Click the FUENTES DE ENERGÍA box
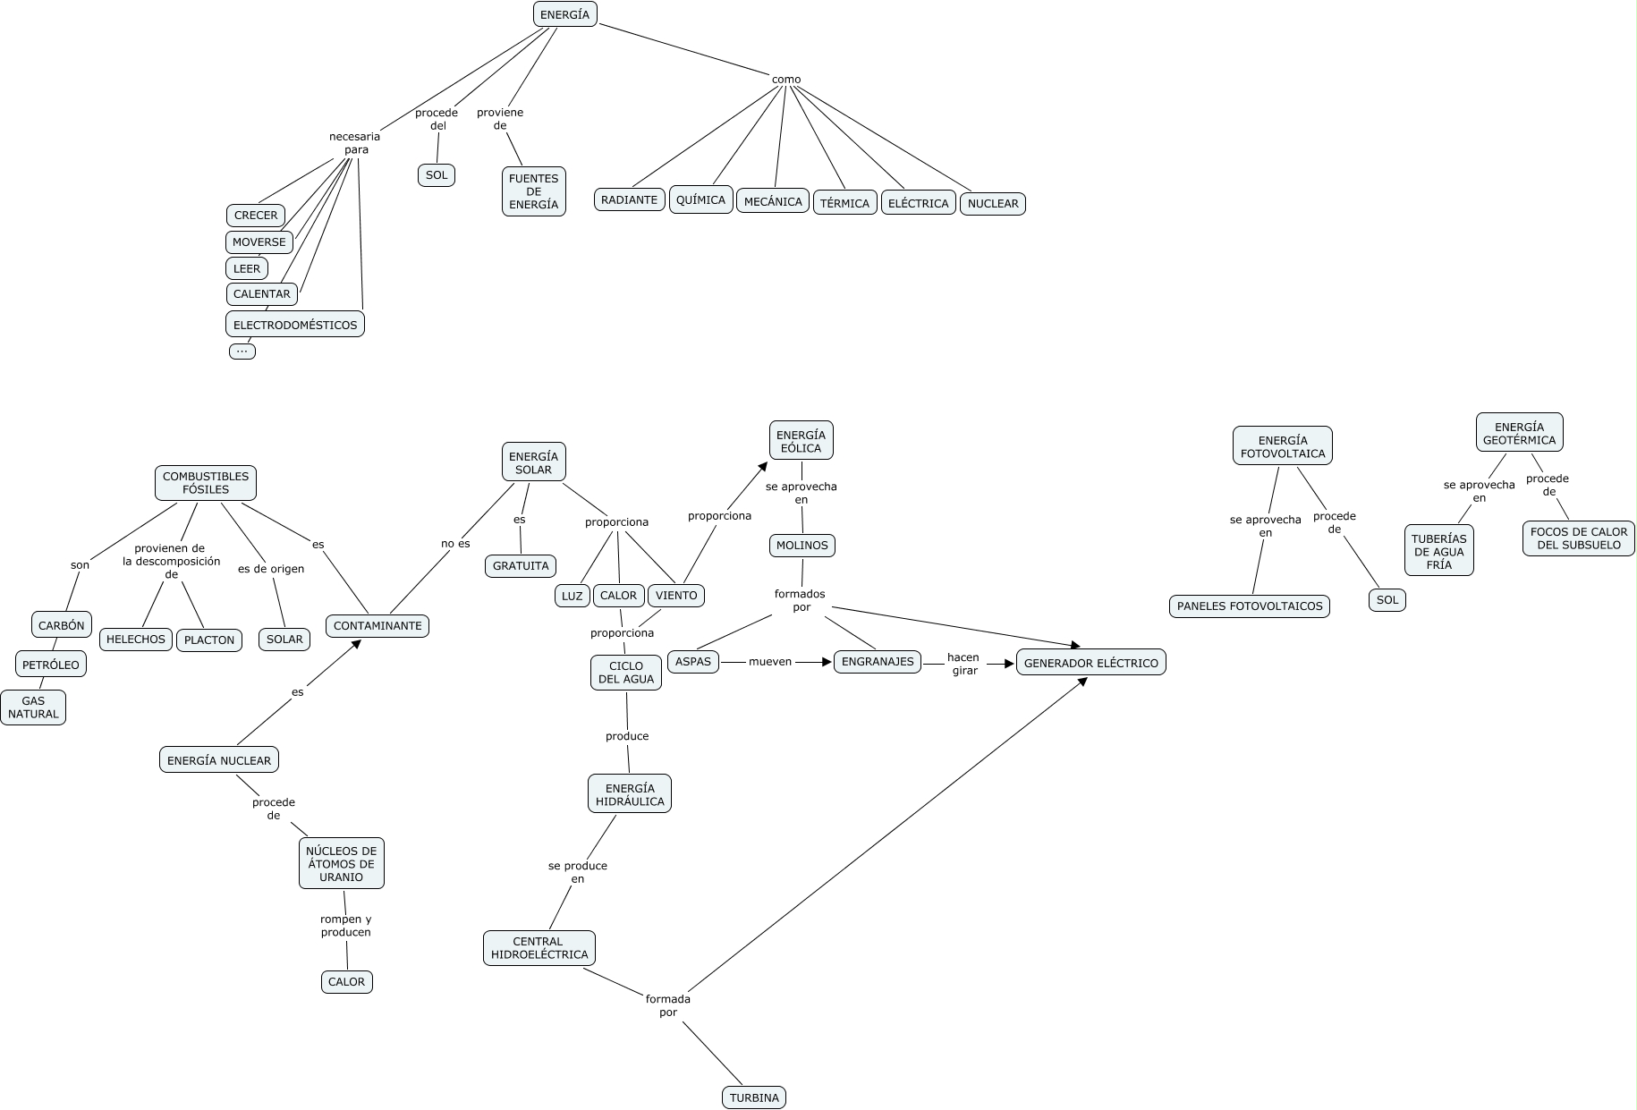tap(533, 191)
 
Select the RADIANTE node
tap(630, 199)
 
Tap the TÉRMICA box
tap(844, 203)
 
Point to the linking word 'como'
tap(786, 80)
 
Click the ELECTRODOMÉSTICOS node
tap(295, 325)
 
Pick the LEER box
tap(247, 268)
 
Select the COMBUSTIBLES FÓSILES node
tap(206, 483)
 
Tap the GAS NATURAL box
tap(33, 708)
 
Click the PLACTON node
tap(209, 640)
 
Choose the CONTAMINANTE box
tap(377, 625)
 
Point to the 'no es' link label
tap(455, 544)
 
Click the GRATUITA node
tap(521, 566)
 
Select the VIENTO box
tap(676, 596)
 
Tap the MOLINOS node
tap(802, 545)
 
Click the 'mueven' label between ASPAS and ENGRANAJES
tap(770, 662)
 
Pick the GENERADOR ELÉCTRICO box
tap(1090, 663)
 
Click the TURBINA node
tap(754, 1097)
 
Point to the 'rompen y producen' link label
tap(346, 926)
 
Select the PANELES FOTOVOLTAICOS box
tap(1250, 606)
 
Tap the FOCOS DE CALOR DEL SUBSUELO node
tap(1579, 538)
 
